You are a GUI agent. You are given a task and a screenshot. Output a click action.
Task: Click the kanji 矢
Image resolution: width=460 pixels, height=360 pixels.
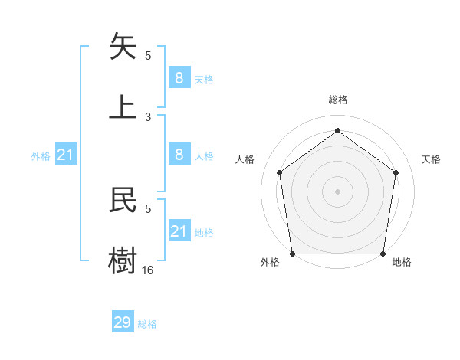(x=123, y=47)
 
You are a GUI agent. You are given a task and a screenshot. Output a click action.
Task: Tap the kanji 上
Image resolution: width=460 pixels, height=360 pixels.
(x=123, y=106)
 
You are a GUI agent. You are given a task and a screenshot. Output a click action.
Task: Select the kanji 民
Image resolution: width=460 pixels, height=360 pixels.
(x=123, y=200)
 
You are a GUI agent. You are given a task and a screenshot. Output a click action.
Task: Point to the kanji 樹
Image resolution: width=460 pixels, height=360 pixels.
(x=123, y=259)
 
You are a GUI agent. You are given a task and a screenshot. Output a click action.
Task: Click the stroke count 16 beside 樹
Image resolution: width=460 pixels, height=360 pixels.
(x=148, y=270)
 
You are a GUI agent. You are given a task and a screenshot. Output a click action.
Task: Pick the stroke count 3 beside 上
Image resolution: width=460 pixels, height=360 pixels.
(x=148, y=117)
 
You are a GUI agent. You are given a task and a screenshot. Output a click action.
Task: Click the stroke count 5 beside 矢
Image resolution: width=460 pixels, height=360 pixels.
(x=148, y=56)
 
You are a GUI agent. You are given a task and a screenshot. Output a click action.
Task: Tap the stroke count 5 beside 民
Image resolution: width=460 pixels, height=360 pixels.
(x=148, y=208)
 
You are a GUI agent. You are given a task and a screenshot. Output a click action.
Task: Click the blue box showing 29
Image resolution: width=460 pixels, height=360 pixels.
(x=123, y=322)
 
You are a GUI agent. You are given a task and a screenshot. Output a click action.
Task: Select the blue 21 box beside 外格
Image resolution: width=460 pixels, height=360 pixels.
(x=66, y=155)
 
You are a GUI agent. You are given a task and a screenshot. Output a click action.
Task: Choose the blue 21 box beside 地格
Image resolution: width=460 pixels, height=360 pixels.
(x=179, y=231)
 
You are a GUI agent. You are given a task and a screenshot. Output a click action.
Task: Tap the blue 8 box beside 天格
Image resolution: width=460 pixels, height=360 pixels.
(x=179, y=78)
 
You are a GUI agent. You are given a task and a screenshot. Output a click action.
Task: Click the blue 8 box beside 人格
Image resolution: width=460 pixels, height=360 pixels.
(x=179, y=155)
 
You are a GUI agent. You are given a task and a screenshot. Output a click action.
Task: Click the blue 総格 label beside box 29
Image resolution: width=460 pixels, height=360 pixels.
(x=147, y=324)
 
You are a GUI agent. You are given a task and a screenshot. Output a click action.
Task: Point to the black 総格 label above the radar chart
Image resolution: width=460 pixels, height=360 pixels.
(x=337, y=100)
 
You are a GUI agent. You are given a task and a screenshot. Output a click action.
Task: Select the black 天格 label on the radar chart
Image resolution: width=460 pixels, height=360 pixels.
(x=431, y=159)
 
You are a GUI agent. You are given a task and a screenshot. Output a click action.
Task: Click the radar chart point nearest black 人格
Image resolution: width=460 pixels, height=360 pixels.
(x=279, y=172)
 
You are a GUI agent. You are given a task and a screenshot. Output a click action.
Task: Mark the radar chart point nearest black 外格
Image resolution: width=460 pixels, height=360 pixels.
(x=293, y=254)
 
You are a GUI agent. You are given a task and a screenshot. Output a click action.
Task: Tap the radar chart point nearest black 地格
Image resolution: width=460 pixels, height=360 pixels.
(x=383, y=254)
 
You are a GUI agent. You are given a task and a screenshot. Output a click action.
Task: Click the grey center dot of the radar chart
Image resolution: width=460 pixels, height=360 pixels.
(x=337, y=191)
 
